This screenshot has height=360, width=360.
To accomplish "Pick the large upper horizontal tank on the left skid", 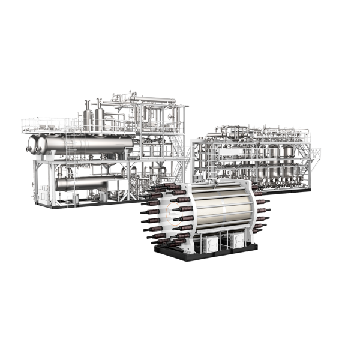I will click(84, 144).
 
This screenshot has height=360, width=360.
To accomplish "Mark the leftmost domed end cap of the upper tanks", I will click(31, 144).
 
